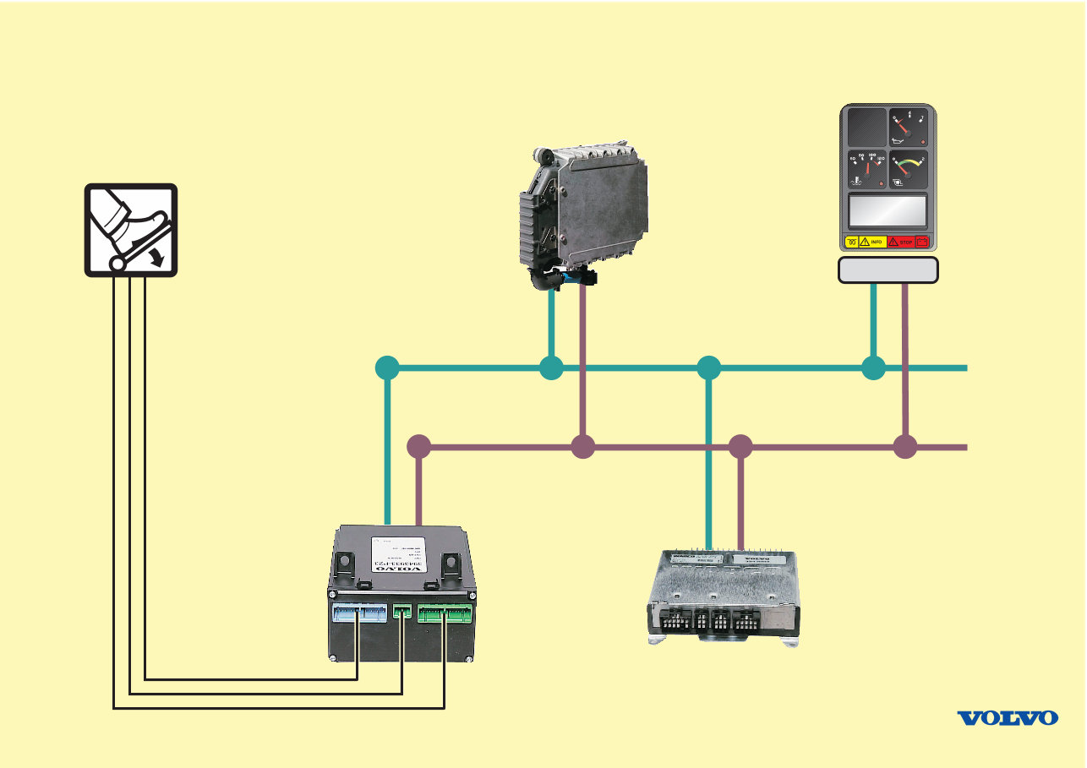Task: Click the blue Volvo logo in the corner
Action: (1007, 717)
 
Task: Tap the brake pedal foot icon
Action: (131, 230)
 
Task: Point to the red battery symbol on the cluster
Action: (922, 242)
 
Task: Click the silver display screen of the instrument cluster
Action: (887, 210)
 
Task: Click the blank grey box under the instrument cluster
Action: (888, 270)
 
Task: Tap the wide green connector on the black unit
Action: (445, 612)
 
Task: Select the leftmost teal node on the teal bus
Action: (386, 368)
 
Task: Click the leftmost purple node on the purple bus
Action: (418, 447)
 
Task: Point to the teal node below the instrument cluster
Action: (873, 368)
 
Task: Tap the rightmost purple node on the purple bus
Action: (905, 447)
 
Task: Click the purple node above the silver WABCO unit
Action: (740, 447)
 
